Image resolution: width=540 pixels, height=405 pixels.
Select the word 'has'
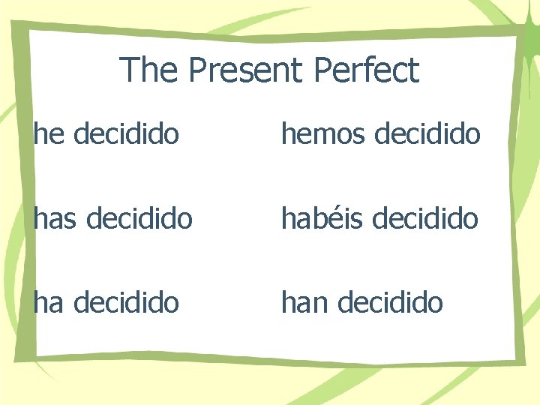56,218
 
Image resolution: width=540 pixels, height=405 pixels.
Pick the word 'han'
304,302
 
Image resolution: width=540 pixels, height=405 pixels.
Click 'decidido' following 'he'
127,134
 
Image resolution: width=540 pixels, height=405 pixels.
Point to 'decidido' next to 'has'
140,218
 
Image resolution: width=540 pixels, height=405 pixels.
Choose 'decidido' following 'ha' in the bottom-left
127,302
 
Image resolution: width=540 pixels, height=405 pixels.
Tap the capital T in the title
128,70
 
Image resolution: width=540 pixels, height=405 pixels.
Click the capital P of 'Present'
197,70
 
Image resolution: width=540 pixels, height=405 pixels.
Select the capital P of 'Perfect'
323,70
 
